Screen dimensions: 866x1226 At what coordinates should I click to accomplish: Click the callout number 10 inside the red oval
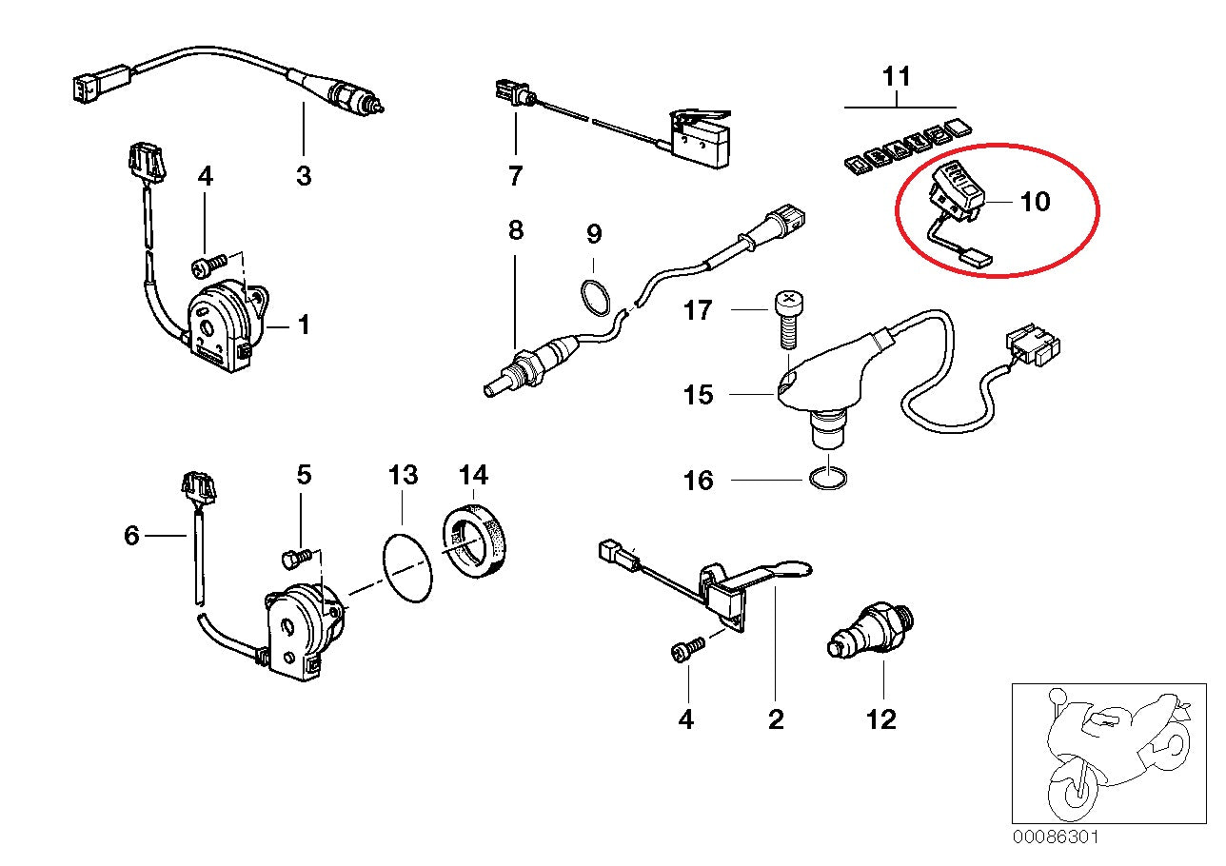1034,203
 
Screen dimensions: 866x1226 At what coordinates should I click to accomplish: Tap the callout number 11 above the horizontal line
897,77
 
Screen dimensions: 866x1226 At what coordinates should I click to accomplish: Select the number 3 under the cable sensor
303,176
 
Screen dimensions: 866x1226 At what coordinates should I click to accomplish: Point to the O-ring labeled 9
596,296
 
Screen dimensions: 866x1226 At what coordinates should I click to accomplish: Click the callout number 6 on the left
131,537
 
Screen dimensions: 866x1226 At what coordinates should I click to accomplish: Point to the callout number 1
303,326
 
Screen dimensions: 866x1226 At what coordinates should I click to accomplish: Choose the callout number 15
698,394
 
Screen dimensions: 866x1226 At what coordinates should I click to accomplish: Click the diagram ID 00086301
1056,837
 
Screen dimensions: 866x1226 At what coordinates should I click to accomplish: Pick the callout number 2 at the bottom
775,719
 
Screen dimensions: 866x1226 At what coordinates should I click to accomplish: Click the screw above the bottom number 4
687,650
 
